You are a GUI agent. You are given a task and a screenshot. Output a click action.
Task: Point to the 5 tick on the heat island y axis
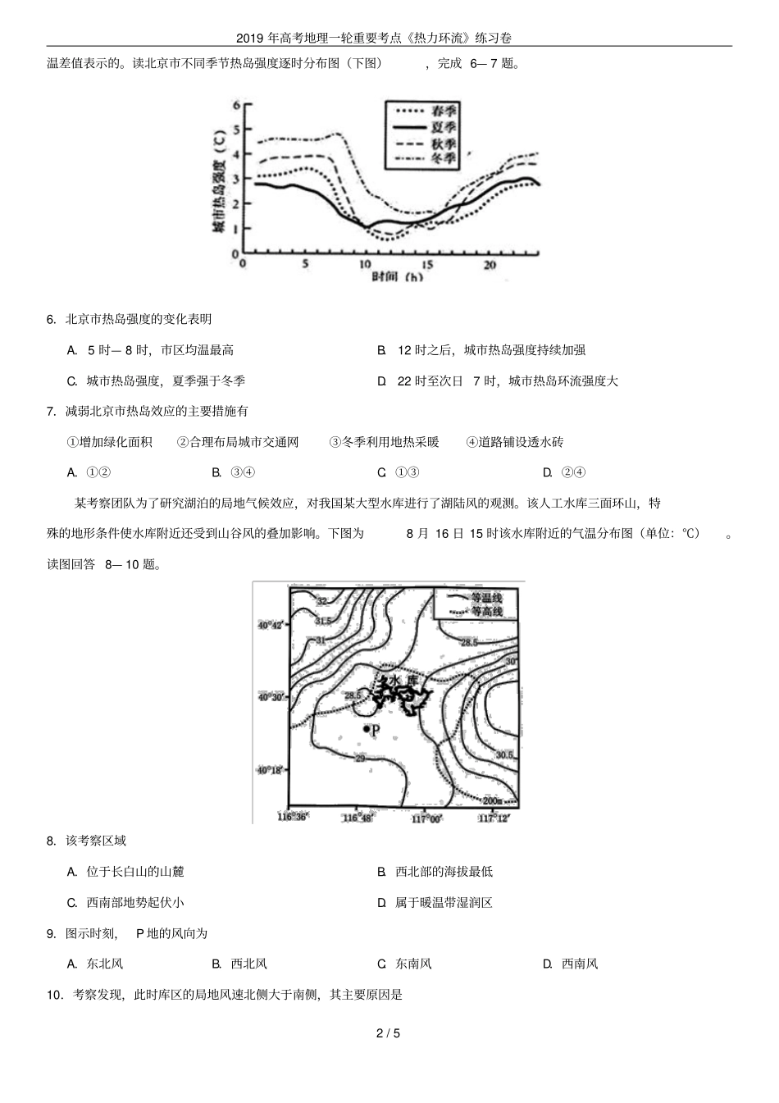pos(236,130)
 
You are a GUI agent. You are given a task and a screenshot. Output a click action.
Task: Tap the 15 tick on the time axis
pos(427,265)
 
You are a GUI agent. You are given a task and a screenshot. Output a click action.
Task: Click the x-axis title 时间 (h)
pos(397,277)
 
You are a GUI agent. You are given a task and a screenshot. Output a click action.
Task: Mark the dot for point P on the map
pos(366,728)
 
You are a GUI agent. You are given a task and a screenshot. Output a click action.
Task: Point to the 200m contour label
pos(494,800)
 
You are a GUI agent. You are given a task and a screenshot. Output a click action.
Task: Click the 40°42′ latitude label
pos(271,625)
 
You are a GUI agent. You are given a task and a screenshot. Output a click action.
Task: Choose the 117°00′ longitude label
pos(426,818)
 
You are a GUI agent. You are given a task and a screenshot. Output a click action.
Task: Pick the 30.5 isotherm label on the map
pos(505,754)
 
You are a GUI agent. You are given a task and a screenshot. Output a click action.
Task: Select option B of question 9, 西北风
pos(239,964)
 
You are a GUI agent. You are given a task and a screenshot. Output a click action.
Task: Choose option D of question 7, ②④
pos(563,472)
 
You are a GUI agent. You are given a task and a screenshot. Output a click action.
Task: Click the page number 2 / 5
pos(388,1032)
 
